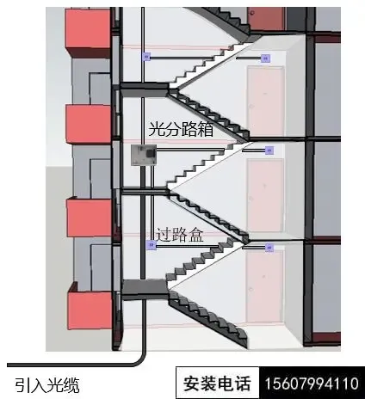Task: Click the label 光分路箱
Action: pyautogui.click(x=181, y=129)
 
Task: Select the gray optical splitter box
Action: pyautogui.click(x=144, y=155)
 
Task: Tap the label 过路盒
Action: pyautogui.click(x=180, y=235)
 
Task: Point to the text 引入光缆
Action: pyautogui.click(x=47, y=385)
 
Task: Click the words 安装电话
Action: pyautogui.click(x=217, y=384)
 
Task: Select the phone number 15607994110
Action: pyautogui.click(x=312, y=384)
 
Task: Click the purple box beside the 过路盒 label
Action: pyautogui.click(x=152, y=245)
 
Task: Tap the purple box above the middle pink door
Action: pyautogui.click(x=269, y=150)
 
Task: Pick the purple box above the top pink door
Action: pyautogui.click(x=266, y=58)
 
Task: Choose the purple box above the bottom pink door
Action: pyautogui.click(x=269, y=247)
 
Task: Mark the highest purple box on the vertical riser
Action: pyautogui.click(x=146, y=57)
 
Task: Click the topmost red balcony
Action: pyautogui.click(x=88, y=32)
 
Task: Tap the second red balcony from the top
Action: pyautogui.click(x=89, y=123)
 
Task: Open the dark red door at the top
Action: pyautogui.click(x=266, y=19)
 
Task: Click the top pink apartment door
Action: pyautogui.click(x=265, y=101)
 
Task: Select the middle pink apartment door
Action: pyautogui.click(x=264, y=196)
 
